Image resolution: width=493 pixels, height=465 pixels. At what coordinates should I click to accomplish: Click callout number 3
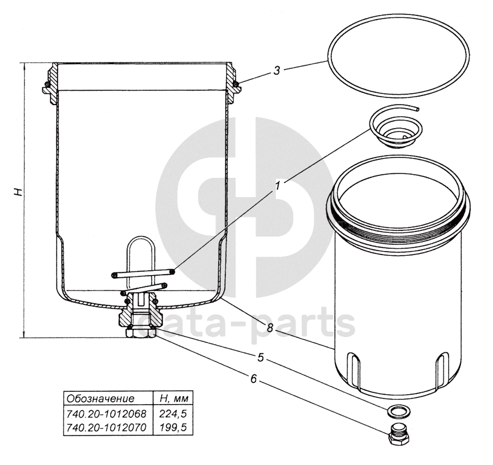(277, 71)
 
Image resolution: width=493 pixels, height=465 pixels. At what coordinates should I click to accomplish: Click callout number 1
(278, 186)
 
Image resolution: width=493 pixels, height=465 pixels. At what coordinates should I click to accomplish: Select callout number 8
(270, 328)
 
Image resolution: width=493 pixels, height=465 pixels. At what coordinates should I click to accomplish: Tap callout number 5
(261, 357)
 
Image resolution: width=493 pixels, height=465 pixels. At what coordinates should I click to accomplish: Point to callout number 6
(254, 379)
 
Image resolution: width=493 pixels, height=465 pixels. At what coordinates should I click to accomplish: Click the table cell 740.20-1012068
(106, 414)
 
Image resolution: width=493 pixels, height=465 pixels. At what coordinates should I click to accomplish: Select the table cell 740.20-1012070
(106, 427)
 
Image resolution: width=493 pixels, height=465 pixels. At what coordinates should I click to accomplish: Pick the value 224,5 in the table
(173, 414)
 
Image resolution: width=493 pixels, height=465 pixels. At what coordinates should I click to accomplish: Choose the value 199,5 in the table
(173, 427)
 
